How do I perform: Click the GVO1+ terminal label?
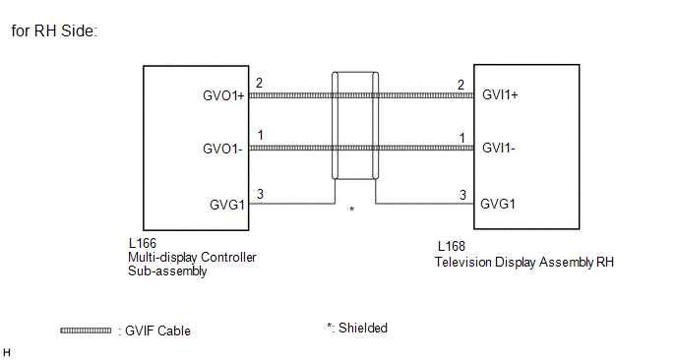point(223,95)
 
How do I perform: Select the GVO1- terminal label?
point(222,149)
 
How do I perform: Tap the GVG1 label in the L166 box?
point(227,205)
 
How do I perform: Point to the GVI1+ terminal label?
point(500,94)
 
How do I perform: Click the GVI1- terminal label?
point(499,148)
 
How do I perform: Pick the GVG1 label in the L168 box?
point(498,204)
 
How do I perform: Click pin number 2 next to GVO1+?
point(259,83)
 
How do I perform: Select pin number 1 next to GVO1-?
point(261,135)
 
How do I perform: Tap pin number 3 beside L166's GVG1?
point(260,194)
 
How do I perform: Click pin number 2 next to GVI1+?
point(462,85)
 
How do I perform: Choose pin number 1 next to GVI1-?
point(462,138)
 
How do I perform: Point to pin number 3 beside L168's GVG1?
point(462,195)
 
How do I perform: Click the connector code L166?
point(143,243)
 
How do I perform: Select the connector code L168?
point(452,246)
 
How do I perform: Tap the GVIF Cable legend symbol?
point(86,330)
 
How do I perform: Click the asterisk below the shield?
point(352,210)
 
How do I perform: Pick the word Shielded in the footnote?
point(363,329)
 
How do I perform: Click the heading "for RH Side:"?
point(54,30)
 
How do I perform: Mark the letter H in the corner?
point(7,352)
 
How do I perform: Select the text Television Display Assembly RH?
point(524,262)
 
